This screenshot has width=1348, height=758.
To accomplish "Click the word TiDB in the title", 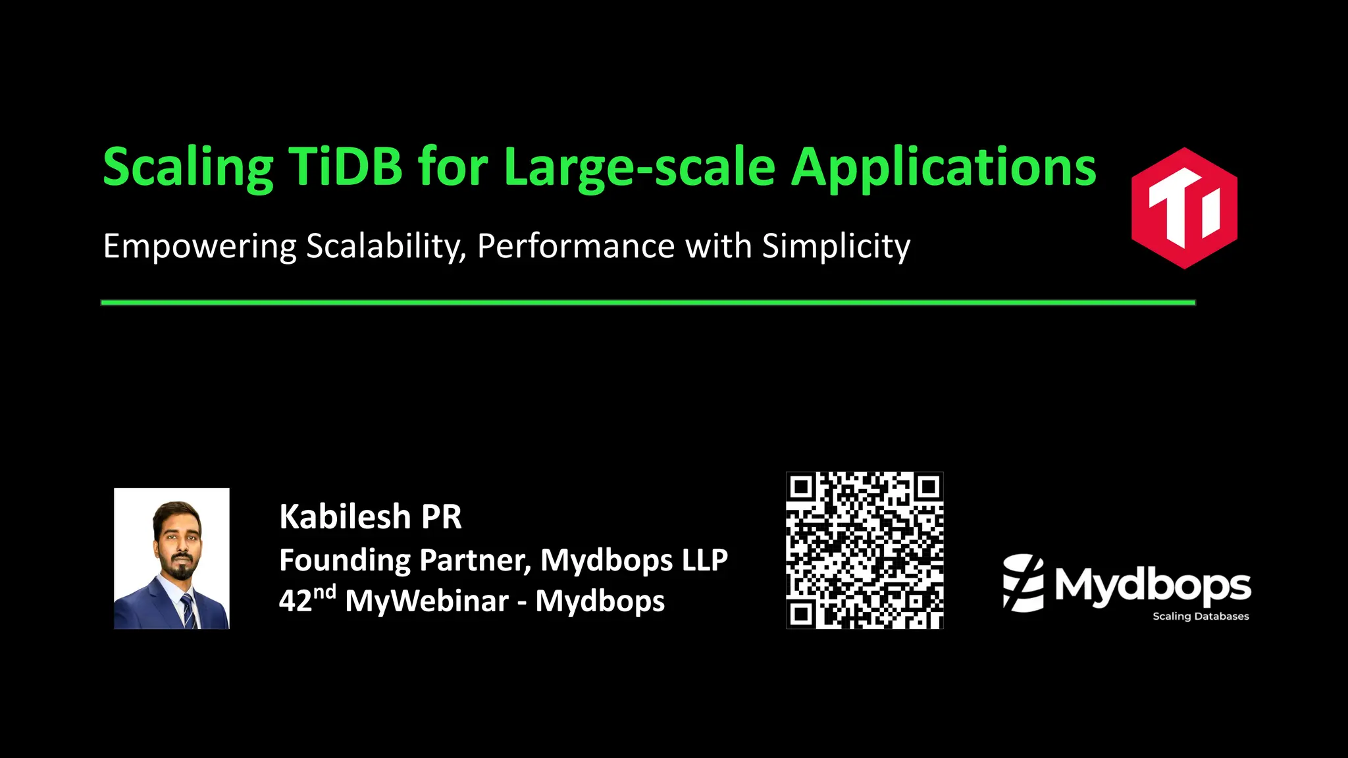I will click(x=345, y=167).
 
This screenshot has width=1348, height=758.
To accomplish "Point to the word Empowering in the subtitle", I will click(x=200, y=247).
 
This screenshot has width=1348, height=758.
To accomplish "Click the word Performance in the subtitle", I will click(x=575, y=246).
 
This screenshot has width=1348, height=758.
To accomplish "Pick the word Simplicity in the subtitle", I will click(x=836, y=247).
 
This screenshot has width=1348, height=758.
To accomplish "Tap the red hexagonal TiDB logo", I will click(x=1184, y=208).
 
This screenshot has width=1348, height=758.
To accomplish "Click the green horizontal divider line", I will click(x=648, y=303).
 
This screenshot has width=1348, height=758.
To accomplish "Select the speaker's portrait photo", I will click(x=172, y=558).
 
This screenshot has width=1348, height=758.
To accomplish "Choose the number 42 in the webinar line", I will click(x=295, y=601).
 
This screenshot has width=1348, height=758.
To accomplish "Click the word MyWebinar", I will click(x=427, y=601).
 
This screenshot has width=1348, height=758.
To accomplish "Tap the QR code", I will click(x=864, y=550).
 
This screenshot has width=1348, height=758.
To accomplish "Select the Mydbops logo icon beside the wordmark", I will click(x=1023, y=583).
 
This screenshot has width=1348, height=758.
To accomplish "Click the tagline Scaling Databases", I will click(x=1201, y=617).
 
